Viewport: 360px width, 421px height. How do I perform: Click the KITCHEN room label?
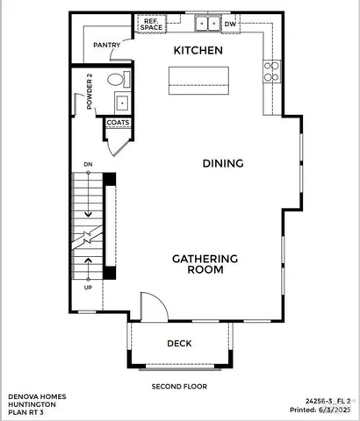point(198,51)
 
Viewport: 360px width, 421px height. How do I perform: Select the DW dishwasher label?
point(230,25)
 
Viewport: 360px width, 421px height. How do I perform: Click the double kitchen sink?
point(207,24)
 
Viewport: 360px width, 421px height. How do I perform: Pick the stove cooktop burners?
point(270,69)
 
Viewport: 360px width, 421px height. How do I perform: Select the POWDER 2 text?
point(90,94)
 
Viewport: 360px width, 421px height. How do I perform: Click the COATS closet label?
point(119,123)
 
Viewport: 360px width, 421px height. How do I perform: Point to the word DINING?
point(222,163)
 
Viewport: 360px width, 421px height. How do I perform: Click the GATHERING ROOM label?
point(205,264)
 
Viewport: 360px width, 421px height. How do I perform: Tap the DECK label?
point(180,343)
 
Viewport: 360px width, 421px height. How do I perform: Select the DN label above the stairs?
point(88,165)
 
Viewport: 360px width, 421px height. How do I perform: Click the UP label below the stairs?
point(88,287)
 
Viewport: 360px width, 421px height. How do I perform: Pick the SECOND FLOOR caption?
point(178,385)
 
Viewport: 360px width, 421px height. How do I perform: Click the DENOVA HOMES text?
point(34,396)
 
